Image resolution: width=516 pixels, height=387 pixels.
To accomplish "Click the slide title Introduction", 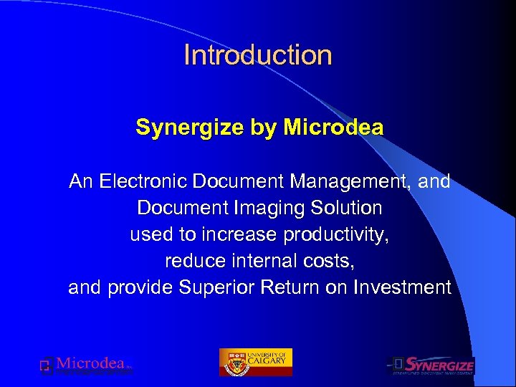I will point(258,55).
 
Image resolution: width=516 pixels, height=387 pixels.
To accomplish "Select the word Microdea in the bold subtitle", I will point(333,128).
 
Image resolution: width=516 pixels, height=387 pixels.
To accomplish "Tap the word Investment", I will point(402,288).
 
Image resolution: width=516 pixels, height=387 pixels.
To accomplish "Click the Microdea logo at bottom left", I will point(86,365).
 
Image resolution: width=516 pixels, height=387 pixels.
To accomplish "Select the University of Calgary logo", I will point(255,362).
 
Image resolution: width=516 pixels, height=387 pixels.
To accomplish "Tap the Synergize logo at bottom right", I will point(431,365).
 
